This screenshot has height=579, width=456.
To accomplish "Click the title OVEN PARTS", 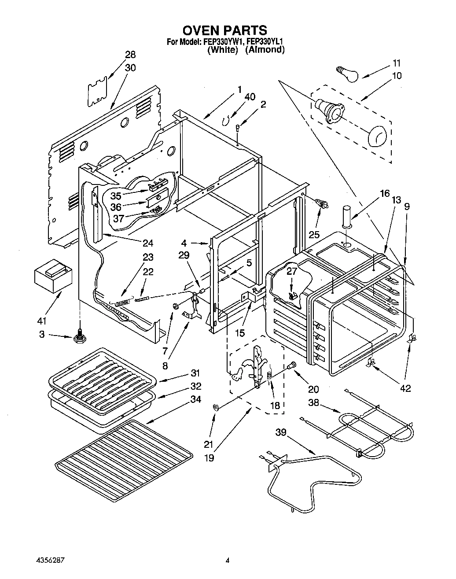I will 224,30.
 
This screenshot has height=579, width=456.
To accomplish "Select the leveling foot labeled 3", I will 80,338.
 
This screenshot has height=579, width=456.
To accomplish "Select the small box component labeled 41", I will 50,275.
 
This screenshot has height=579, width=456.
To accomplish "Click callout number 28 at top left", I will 130,55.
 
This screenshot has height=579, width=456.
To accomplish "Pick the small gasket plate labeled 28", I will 97,92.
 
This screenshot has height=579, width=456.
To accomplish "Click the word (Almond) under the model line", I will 265,50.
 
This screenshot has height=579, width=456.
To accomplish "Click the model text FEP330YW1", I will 222,42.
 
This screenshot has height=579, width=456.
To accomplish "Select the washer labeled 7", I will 175,306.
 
